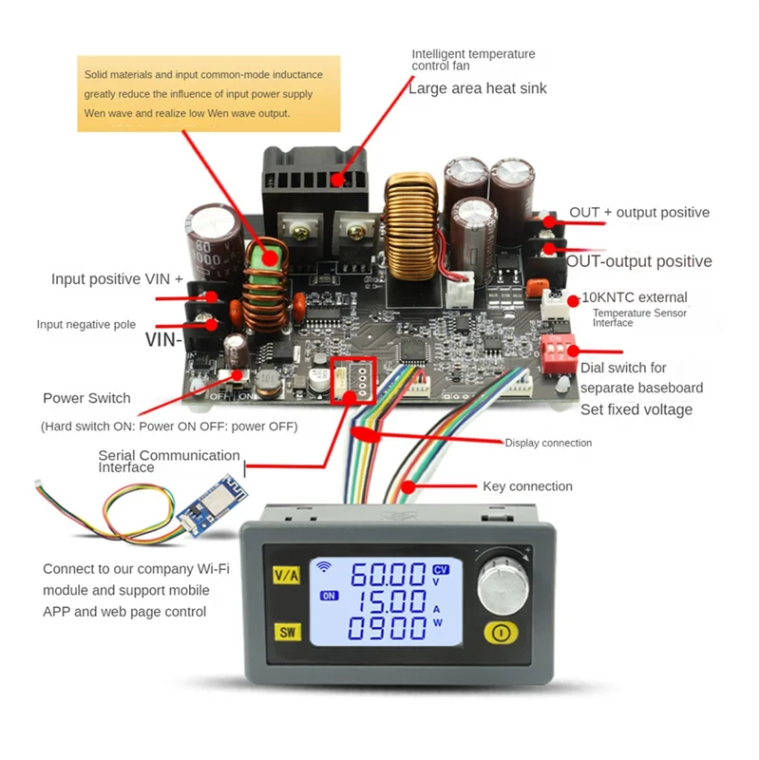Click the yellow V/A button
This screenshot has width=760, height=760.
[x=286, y=575]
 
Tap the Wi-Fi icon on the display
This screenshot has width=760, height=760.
[x=326, y=568]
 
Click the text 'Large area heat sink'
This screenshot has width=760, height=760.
[x=478, y=88]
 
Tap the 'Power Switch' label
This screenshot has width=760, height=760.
[x=86, y=398]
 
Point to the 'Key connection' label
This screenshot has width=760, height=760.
[x=527, y=486]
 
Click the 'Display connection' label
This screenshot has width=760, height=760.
[x=548, y=443]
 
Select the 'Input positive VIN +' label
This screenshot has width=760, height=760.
[x=117, y=279]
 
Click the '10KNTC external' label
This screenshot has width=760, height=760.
[x=634, y=297]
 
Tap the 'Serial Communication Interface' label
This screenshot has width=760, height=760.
[x=169, y=461]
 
